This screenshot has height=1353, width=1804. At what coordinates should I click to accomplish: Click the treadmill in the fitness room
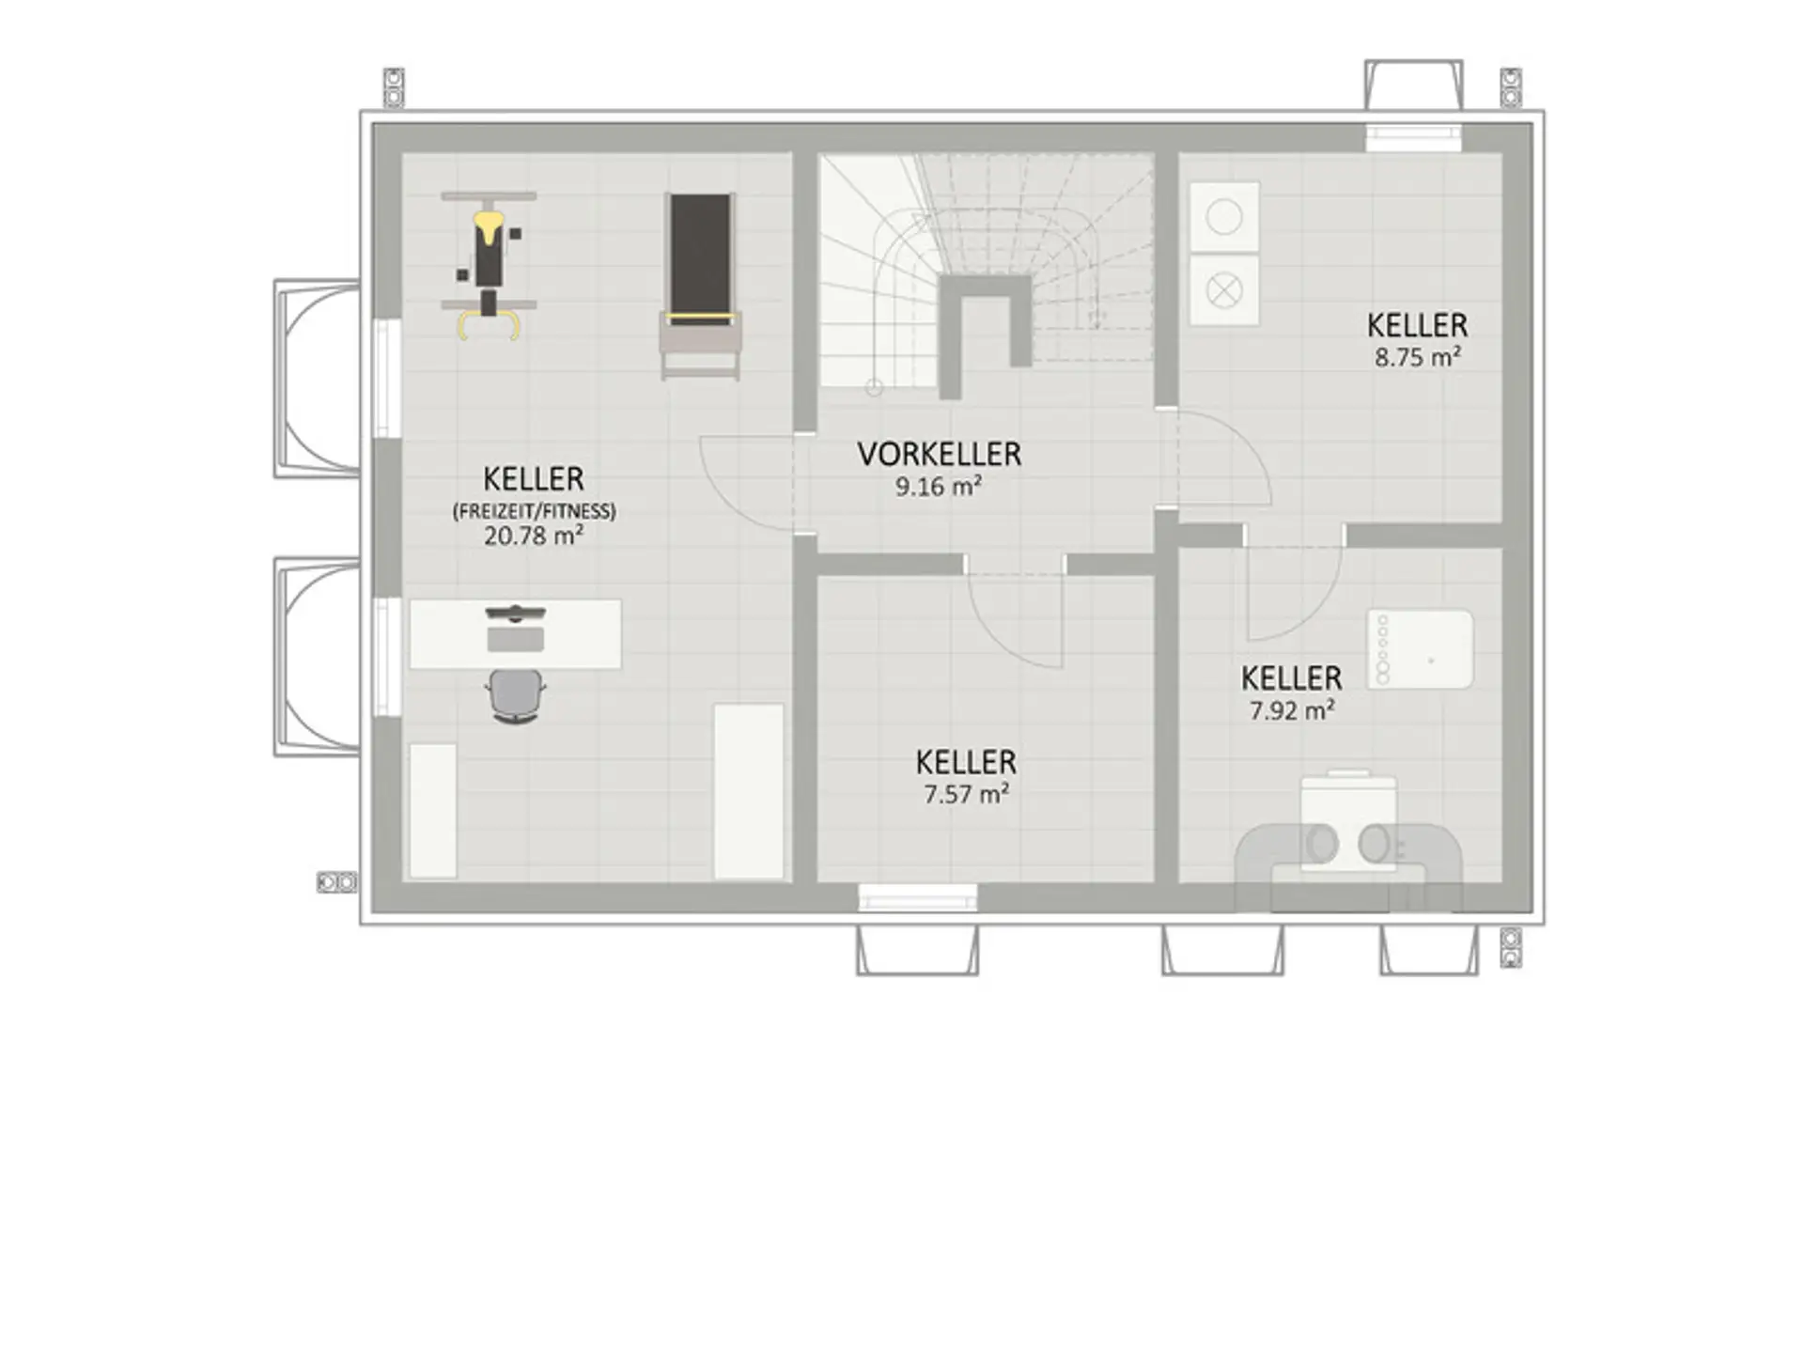(x=700, y=286)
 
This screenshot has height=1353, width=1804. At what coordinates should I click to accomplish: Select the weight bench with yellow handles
(x=489, y=265)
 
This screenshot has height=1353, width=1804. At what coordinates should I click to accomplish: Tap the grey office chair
(x=516, y=695)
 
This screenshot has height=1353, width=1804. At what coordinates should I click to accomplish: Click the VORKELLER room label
(x=939, y=455)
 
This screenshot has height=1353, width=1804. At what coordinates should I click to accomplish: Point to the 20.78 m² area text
(x=534, y=536)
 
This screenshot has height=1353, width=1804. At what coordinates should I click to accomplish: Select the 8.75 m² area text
(x=1418, y=357)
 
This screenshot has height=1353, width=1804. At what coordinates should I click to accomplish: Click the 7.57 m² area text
(x=966, y=794)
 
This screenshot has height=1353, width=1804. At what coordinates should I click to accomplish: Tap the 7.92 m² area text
(x=1292, y=710)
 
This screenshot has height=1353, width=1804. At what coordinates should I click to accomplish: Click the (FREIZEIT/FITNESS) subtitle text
(x=535, y=511)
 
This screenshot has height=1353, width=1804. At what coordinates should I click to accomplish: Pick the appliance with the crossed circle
(x=1224, y=291)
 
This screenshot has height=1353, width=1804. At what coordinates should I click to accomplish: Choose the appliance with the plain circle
(x=1224, y=217)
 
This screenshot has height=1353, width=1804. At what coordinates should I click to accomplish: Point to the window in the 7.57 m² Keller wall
(x=918, y=898)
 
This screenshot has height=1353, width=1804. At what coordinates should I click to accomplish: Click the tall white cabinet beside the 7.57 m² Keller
(x=749, y=791)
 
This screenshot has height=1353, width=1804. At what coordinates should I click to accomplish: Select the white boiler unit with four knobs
(x=1420, y=649)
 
